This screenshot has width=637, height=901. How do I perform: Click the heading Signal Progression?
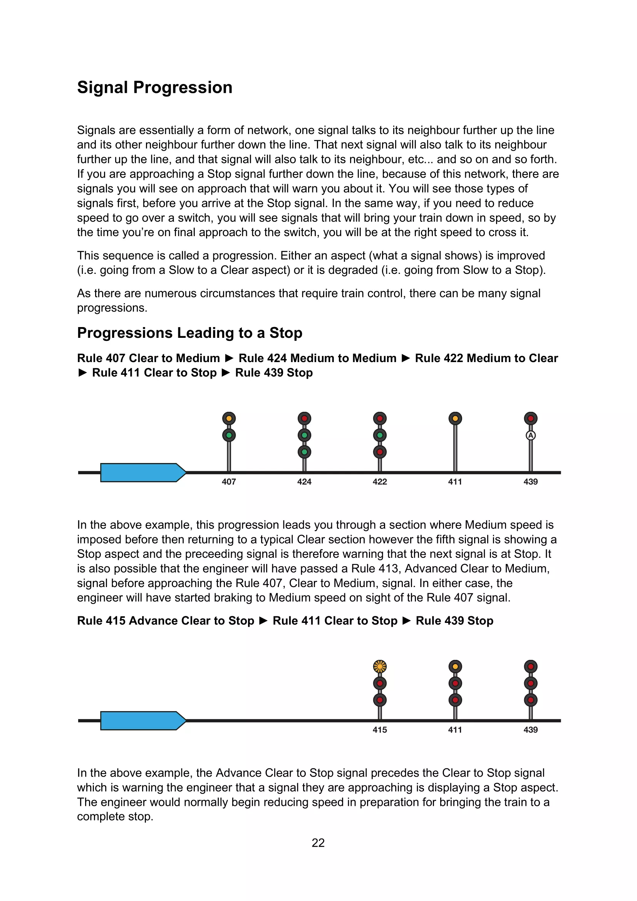coord(154,87)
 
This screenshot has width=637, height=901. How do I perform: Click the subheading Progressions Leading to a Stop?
coord(189,333)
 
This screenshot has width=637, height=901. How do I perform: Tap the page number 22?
coord(318,842)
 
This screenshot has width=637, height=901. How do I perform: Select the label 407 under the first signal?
coord(229,482)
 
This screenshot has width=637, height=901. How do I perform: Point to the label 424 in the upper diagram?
coord(304,482)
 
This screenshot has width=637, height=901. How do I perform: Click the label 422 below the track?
coord(380,482)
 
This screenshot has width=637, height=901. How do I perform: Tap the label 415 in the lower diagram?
coord(380,730)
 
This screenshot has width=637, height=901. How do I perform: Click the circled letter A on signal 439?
coord(531,435)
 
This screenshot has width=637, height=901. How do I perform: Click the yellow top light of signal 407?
coord(229,418)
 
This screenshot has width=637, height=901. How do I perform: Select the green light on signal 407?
coord(229,435)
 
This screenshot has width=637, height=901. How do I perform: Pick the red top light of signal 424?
coord(304,418)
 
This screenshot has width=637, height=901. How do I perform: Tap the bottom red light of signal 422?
coord(380,452)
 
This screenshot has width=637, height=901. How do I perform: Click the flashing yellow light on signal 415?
coord(380,666)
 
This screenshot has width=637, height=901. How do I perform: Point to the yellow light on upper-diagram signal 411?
coord(455,418)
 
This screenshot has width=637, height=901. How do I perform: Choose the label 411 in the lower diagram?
coord(455,730)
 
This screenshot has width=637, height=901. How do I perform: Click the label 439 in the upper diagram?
coord(531,482)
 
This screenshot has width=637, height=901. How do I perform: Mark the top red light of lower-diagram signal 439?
coord(531,666)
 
